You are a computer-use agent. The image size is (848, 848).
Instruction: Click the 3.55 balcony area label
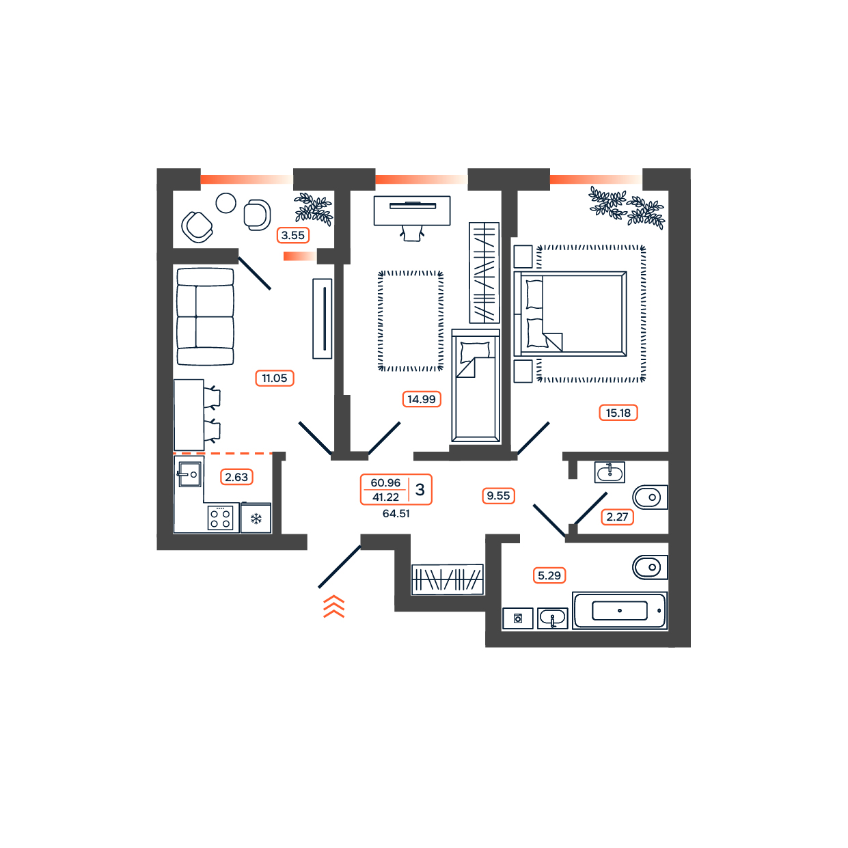[x=292, y=235]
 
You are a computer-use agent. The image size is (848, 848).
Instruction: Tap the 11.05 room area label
[x=274, y=378]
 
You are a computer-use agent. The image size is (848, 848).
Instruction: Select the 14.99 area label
[x=421, y=399]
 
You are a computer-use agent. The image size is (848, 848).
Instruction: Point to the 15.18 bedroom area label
[x=618, y=413]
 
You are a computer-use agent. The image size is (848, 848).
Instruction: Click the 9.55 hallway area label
[x=498, y=495]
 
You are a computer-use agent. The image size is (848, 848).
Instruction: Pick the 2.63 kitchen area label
[x=236, y=477]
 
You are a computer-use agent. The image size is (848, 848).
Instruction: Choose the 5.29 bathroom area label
[x=549, y=575]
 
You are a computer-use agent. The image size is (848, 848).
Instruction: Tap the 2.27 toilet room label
[x=617, y=517]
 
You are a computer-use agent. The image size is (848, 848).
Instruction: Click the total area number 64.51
[x=396, y=514]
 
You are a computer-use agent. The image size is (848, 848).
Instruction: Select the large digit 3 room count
[x=420, y=489]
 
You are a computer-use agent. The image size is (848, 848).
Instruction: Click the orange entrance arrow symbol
[x=333, y=606]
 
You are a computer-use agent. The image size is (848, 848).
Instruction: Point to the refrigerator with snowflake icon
[x=256, y=518]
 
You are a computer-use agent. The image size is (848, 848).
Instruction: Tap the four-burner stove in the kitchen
[x=220, y=518]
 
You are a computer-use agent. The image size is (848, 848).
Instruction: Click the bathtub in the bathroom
[x=620, y=610]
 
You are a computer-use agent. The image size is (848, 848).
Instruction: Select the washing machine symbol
[x=517, y=618]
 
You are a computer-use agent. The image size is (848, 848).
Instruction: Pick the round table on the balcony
[x=225, y=204]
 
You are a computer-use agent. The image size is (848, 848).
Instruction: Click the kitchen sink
[x=190, y=474]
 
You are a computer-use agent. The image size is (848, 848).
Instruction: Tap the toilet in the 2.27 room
[x=650, y=497]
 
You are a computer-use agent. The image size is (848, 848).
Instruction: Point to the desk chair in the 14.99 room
[x=412, y=233]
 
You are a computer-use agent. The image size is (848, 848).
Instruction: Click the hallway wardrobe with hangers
[x=447, y=579]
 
